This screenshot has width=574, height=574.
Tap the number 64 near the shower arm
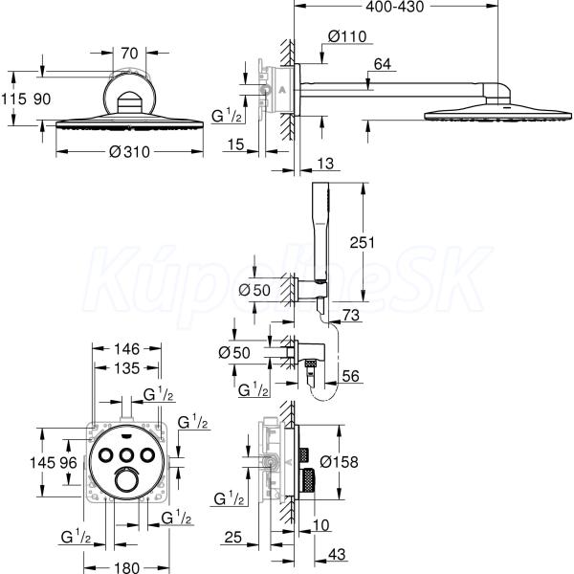[382, 65]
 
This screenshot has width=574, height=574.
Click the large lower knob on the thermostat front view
[128, 480]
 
